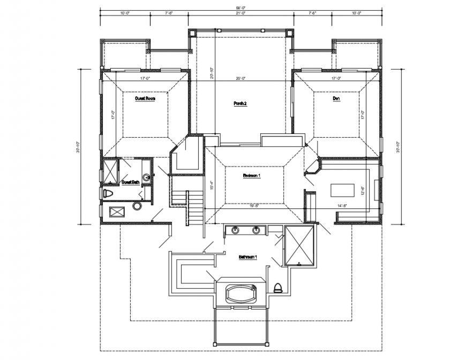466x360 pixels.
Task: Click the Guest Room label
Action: [145, 99]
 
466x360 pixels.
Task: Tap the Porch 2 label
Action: [239, 103]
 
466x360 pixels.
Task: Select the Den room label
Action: [336, 99]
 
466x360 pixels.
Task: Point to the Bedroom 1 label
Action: [251, 175]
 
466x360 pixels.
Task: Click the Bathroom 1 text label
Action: [248, 257]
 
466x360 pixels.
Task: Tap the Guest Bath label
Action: [130, 182]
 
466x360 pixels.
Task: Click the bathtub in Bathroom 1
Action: [240, 294]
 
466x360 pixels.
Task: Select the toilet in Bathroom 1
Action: [277, 288]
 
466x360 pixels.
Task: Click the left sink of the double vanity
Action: [235, 230]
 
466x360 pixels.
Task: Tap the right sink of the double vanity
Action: [257, 230]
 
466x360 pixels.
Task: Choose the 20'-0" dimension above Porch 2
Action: [240, 79]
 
